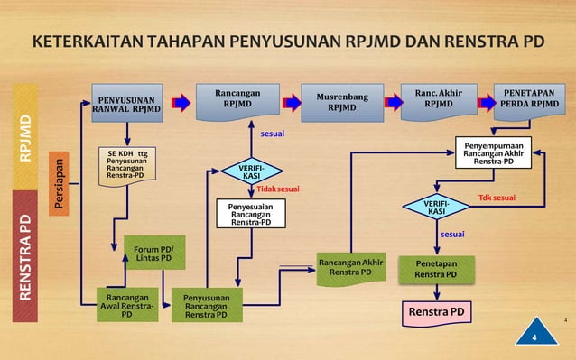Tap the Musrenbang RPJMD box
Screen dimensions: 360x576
[341, 102]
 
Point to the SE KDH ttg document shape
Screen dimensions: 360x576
[127, 166]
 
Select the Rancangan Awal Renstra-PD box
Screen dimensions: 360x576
[127, 305]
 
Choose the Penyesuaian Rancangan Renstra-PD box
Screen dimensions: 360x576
[250, 214]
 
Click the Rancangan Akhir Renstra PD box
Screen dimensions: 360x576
[351, 268]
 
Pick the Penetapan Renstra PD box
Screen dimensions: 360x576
[436, 269]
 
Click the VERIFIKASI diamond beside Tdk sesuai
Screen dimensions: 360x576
[436, 208]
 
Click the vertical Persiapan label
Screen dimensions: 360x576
[59, 186]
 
